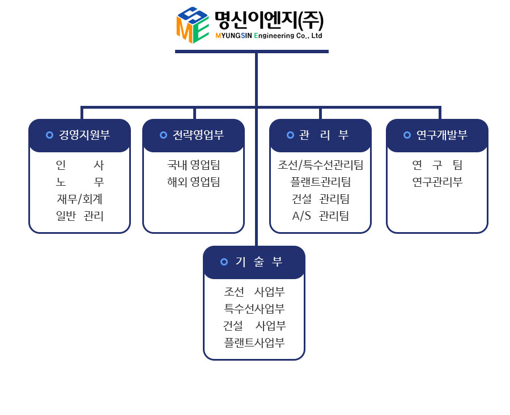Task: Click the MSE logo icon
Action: pyautogui.click(x=192, y=25)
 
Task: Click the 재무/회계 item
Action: pyautogui.click(x=79, y=199)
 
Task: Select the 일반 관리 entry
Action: pyautogui.click(x=79, y=216)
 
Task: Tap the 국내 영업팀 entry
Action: pyautogui.click(x=193, y=165)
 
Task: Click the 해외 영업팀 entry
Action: pyautogui.click(x=193, y=182)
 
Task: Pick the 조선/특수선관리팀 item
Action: pyautogui.click(x=320, y=165)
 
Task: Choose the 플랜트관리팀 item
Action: pyautogui.click(x=320, y=182)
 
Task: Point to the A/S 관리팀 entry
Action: pyautogui.click(x=320, y=216)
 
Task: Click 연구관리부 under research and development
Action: pyautogui.click(x=437, y=182)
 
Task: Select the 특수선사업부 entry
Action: pyautogui.click(x=254, y=309)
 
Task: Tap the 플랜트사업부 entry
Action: pyautogui.click(x=254, y=343)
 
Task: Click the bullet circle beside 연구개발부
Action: pyautogui.click(x=407, y=135)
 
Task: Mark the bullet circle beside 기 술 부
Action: pyautogui.click(x=224, y=262)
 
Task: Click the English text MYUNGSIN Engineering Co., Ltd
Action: pyautogui.click(x=269, y=36)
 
